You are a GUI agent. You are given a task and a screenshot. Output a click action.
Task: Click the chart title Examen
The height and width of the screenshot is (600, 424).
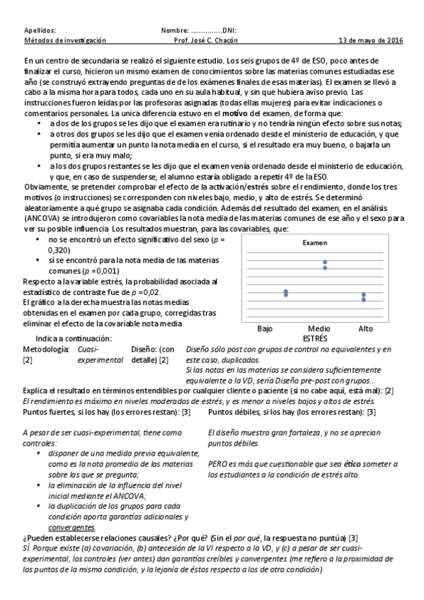click(315, 243)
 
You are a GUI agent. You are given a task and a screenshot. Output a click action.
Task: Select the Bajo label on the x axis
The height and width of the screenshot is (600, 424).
click(265, 329)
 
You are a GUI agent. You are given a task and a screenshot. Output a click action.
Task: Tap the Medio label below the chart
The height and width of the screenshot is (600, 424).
click(319, 329)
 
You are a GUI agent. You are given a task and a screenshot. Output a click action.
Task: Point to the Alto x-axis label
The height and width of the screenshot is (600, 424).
click(365, 329)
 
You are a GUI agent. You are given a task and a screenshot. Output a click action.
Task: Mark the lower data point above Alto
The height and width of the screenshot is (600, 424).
click(363, 299)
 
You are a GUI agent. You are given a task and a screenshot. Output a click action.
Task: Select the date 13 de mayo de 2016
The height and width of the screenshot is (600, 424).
click(370, 41)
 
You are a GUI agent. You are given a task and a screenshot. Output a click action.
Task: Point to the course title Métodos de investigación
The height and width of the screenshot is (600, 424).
click(64, 41)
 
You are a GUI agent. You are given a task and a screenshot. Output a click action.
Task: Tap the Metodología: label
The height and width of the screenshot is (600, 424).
click(47, 350)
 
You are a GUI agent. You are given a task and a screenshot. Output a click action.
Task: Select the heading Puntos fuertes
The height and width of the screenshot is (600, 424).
click(50, 412)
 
